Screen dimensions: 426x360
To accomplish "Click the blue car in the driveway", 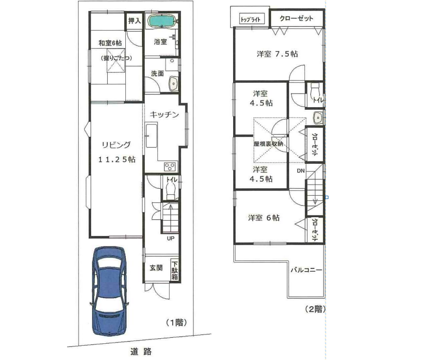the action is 110,291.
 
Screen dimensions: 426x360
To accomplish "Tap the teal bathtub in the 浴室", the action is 161,21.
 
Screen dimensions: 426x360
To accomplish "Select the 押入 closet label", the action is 135,21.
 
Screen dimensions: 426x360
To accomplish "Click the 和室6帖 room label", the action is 110,43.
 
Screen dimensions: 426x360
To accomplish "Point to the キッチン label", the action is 164,114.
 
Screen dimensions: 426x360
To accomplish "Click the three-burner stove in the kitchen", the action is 170,167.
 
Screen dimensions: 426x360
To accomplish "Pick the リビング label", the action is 116,145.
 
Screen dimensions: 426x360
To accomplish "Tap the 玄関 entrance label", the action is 156,268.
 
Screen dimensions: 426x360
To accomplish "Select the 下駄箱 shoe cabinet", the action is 175,271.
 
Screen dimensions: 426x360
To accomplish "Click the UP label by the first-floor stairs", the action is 171,239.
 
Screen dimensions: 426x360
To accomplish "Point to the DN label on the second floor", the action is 301,171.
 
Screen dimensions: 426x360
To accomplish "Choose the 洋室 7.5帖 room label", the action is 278,54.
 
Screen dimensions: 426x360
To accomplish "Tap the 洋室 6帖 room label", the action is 264,218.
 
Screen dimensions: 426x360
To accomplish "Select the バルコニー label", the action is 307,270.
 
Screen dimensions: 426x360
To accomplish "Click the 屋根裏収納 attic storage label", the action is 268,144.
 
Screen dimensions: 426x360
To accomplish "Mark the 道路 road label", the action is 141,352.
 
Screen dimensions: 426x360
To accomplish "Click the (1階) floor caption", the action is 177,323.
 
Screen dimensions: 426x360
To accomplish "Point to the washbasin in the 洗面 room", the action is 173,83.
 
